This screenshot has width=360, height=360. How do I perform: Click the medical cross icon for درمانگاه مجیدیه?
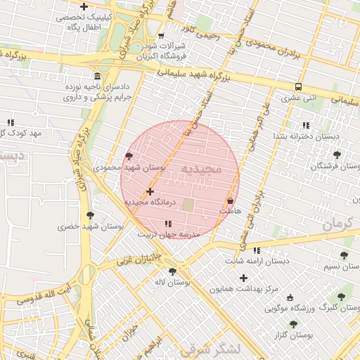click(149, 191)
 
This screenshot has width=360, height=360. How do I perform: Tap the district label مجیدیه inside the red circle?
click(201, 169)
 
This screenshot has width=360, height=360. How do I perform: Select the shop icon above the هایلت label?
click(230, 201)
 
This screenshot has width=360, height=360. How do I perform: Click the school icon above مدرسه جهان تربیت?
click(167, 224)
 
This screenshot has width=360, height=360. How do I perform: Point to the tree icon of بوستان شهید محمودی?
click(128, 157)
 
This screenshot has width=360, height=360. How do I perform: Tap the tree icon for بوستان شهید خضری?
click(89, 215)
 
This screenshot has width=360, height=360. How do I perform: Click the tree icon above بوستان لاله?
click(172, 271)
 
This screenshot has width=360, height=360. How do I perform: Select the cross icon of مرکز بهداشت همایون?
click(244, 278)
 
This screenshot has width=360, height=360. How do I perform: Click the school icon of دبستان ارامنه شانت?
click(257, 250)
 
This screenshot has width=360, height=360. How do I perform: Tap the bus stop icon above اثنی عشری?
click(299, 87)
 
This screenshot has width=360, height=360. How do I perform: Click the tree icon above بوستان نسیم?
click(344, 255)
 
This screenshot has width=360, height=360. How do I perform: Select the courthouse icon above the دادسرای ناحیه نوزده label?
click(96, 76)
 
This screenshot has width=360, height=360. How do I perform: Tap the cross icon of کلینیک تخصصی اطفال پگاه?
click(84, 7)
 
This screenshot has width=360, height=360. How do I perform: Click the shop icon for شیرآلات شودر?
click(161, 36)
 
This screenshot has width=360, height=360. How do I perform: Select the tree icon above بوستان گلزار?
click(293, 324)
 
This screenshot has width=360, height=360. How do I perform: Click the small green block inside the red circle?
click(188, 204)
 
